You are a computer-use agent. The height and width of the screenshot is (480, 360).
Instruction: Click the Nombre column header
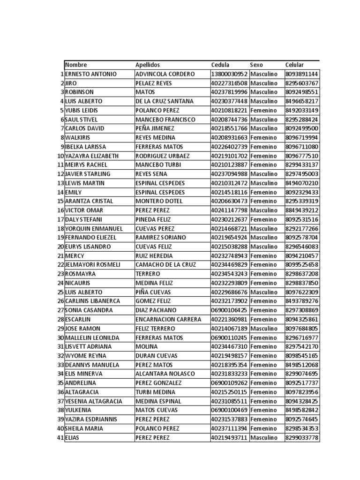coord(76,65)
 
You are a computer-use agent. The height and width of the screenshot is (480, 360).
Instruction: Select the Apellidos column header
coord(148,65)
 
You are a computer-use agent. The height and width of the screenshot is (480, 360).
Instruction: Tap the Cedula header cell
coord(220,65)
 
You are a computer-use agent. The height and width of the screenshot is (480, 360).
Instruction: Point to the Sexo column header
coord(256,65)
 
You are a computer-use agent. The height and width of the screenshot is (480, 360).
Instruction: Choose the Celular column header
coord(294,65)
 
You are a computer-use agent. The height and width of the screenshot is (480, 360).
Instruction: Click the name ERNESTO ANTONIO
coord(91,74)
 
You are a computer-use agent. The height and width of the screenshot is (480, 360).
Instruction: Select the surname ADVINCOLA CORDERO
coord(165,74)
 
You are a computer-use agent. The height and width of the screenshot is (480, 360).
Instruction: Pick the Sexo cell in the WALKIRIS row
coord(263,137)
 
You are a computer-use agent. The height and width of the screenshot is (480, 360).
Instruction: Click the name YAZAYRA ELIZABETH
coord(92,156)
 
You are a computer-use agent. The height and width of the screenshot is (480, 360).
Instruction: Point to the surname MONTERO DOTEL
coord(158,201)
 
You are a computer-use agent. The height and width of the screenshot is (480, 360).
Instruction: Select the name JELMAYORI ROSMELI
coord(92,265)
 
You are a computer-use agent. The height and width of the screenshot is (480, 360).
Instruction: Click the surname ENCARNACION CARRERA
coord(168,319)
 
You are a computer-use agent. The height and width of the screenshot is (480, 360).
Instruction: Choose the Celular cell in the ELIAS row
coord(301,437)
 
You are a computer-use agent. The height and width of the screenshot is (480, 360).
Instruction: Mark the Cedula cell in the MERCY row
coord(229,256)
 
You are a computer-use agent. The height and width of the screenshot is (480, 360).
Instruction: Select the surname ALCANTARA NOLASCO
coord(165,374)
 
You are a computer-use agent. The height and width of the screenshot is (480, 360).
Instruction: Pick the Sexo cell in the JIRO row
coord(264,83)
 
